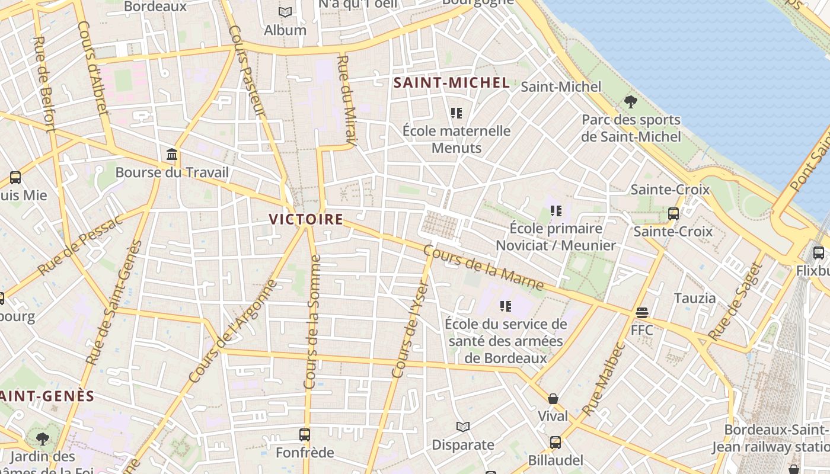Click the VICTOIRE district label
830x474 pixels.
pyautogui.click(x=306, y=219)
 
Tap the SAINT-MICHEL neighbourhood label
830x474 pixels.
pyautogui.click(x=452, y=83)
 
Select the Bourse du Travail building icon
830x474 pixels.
pyautogui.click(x=172, y=155)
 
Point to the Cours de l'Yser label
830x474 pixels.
pyautogui.click(x=410, y=329)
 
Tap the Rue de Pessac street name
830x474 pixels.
pyautogui.click(x=79, y=244)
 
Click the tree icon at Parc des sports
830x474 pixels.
pyautogui.click(x=631, y=102)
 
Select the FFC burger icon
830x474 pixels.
pyautogui.click(x=641, y=312)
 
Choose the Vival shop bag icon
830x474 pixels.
pyautogui.click(x=553, y=399)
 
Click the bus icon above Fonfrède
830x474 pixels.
pyautogui.click(x=305, y=435)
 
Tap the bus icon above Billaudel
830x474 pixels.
pyautogui.click(x=555, y=442)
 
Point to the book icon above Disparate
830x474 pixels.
pyautogui.click(x=463, y=427)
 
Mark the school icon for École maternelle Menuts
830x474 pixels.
pyautogui.click(x=456, y=113)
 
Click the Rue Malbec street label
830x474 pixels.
pyautogui.click(x=604, y=379)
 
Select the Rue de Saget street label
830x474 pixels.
pyautogui.click(x=733, y=302)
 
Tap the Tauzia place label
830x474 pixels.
pyautogui.click(x=695, y=297)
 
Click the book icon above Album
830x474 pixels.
pyautogui.click(x=285, y=12)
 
